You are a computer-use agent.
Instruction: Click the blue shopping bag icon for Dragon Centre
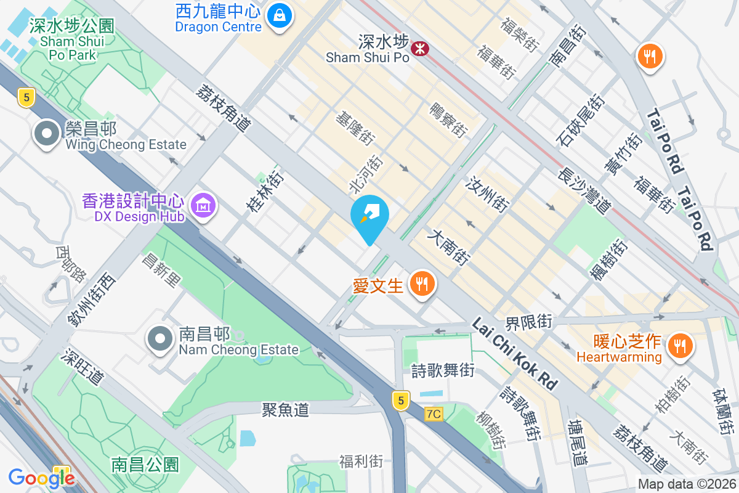(x=280, y=14)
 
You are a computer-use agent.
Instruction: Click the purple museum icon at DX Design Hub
(x=203, y=206)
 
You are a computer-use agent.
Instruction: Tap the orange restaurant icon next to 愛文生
(x=422, y=285)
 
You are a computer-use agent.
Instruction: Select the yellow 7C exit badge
(x=434, y=414)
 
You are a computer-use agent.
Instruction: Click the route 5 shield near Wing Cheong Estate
(x=25, y=97)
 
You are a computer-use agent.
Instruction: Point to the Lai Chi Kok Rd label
(x=515, y=354)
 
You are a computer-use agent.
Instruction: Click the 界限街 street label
(x=528, y=322)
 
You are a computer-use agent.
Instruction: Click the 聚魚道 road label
(x=285, y=409)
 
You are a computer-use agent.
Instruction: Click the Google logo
(x=41, y=478)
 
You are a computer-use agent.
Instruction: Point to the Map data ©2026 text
(x=686, y=484)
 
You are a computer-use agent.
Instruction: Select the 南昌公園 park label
(x=145, y=464)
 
